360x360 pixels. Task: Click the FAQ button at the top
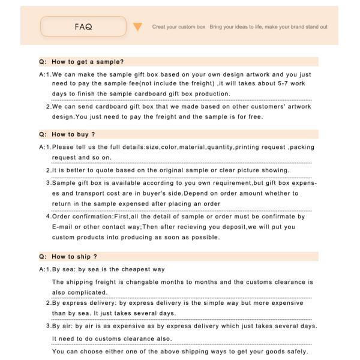(83, 27)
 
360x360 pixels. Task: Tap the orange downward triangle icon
(137, 27)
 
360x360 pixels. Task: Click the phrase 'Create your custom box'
(179, 27)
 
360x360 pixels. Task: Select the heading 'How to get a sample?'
(88, 62)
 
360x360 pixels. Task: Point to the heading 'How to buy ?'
(73, 134)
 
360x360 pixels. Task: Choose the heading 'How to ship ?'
(74, 257)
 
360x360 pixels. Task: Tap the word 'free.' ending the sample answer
(254, 116)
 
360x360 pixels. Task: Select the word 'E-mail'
(62, 227)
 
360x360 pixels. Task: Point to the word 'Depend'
(195, 194)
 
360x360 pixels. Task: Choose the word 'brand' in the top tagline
(286, 27)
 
